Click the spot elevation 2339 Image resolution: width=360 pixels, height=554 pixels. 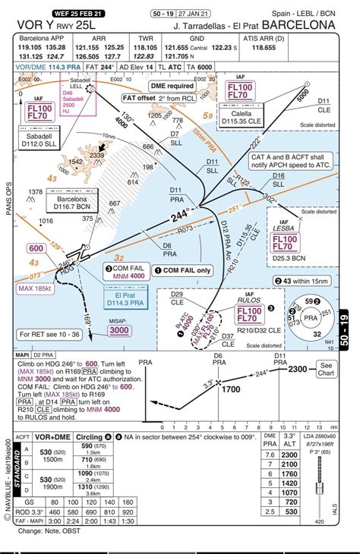click(x=96, y=154)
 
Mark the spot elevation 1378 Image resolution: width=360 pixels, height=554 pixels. click(x=35, y=191)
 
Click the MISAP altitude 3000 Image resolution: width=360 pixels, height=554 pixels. click(x=98, y=330)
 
